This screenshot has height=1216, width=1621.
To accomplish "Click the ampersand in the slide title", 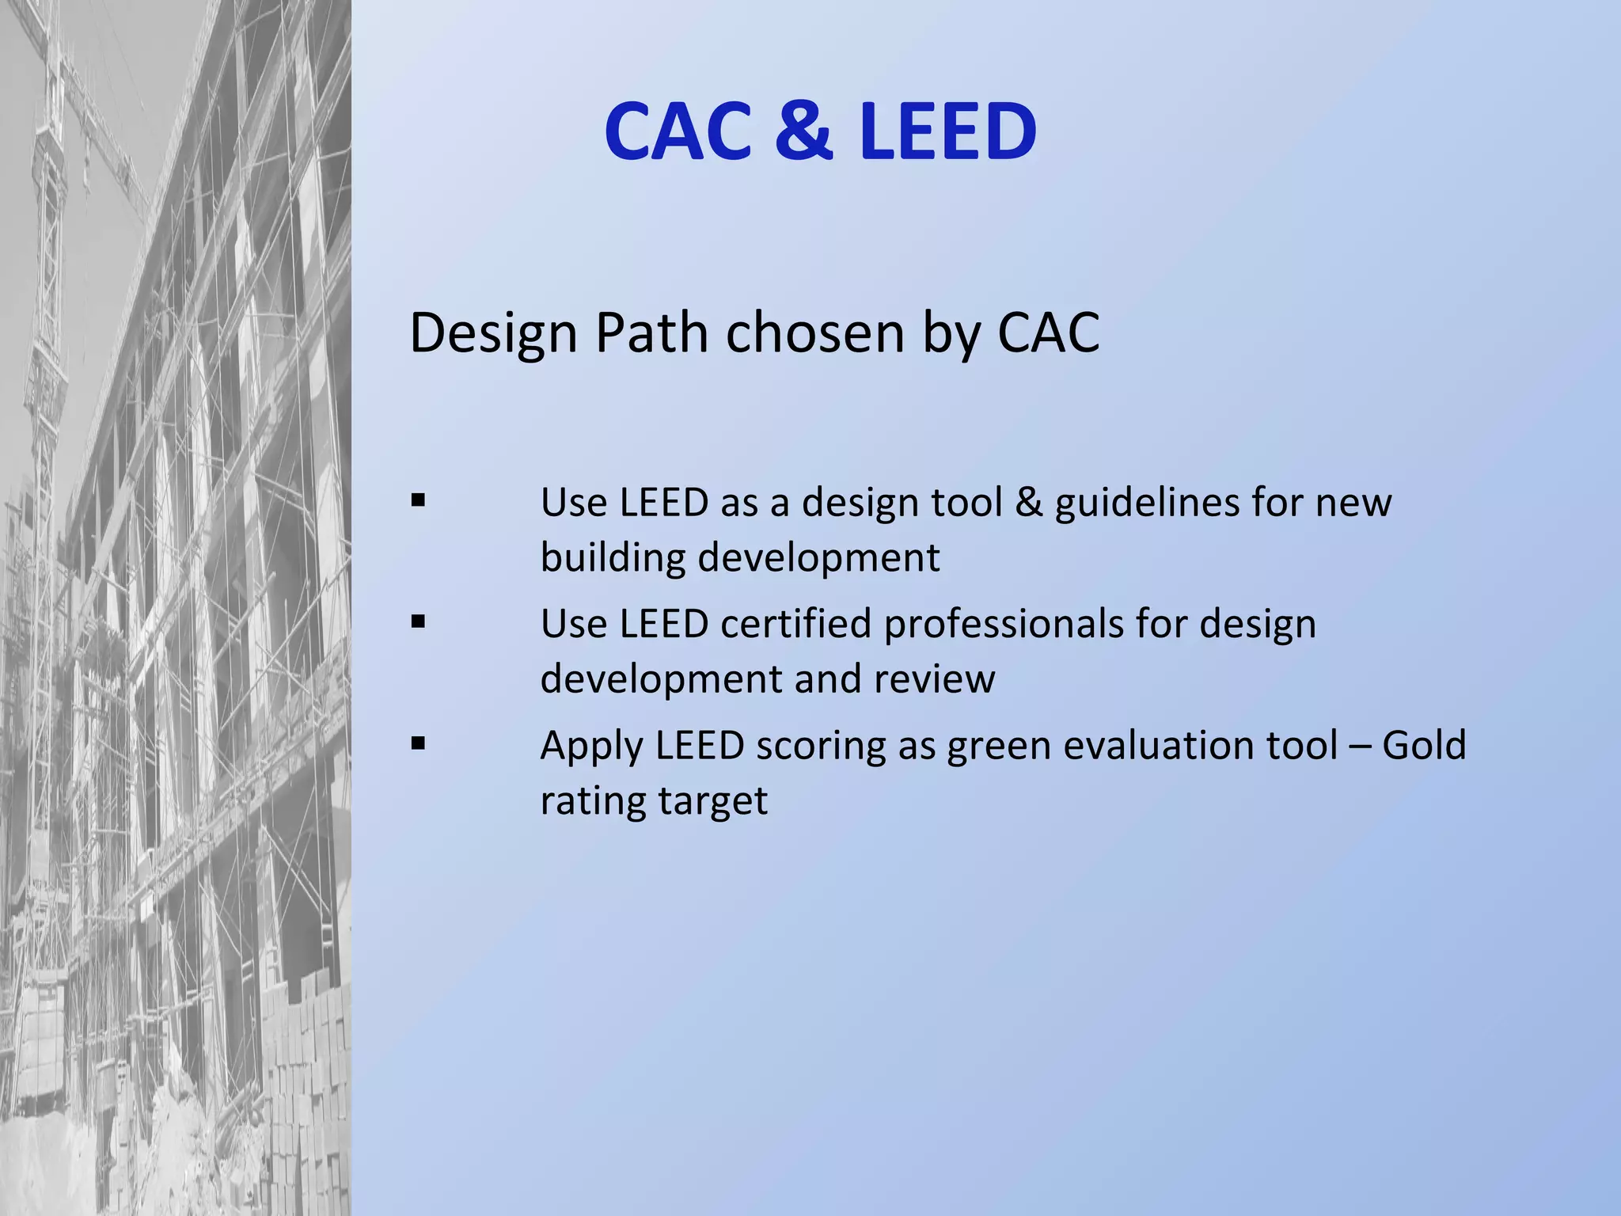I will tap(803, 131).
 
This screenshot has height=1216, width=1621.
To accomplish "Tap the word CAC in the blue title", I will tap(678, 131).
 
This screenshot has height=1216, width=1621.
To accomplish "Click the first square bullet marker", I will tap(419, 500).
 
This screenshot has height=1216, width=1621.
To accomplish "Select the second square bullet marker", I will tap(419, 621).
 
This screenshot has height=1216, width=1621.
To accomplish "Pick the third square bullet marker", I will tap(419, 743).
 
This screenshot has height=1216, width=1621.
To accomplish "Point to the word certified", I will tap(795, 624).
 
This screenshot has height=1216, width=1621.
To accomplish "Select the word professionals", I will tap(1004, 624).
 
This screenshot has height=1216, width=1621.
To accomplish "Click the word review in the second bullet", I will tap(934, 679).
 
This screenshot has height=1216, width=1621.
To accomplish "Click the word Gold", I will tap(1424, 746).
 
